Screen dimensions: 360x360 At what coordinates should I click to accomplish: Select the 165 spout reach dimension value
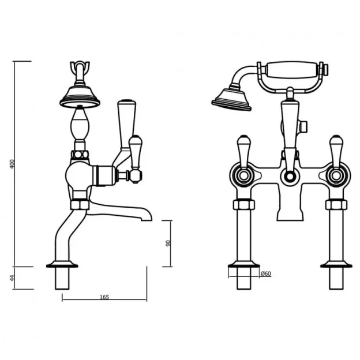point(104,297)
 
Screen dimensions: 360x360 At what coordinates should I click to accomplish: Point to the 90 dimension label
point(168,243)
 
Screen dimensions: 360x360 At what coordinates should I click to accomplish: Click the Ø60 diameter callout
point(265,273)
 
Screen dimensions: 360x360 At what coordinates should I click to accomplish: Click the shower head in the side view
point(80,96)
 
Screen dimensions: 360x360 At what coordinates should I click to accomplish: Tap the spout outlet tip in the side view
point(147,216)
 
